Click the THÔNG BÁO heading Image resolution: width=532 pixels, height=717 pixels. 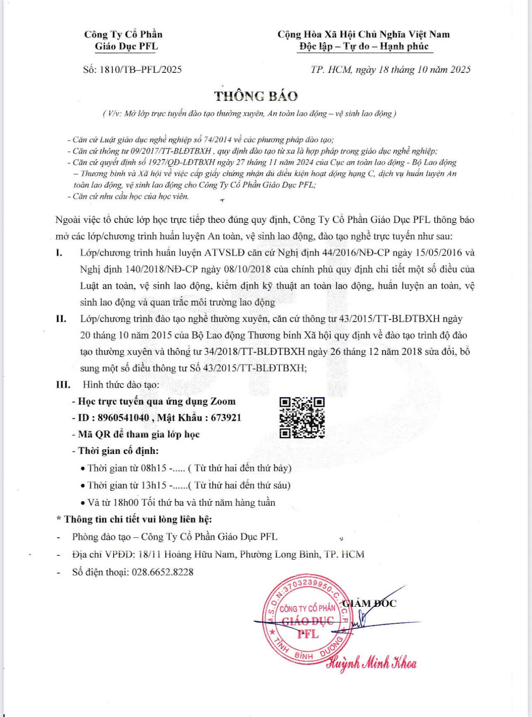click(x=256, y=96)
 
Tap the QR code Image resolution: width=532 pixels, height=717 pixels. click(x=302, y=418)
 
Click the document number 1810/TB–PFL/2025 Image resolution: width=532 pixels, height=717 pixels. click(x=140, y=69)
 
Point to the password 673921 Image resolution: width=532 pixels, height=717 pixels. click(x=226, y=418)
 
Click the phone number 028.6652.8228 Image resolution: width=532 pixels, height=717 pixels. click(x=162, y=572)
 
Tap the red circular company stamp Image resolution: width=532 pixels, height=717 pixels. click(x=307, y=621)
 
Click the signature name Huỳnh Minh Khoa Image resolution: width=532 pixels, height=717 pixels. click(x=372, y=664)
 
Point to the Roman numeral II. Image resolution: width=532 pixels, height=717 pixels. click(x=61, y=319)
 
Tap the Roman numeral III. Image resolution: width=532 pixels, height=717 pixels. click(x=63, y=385)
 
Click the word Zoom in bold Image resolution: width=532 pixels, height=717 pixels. click(x=223, y=401)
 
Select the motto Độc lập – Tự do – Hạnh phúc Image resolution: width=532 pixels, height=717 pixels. click(x=364, y=46)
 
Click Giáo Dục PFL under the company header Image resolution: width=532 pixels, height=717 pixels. click(x=126, y=46)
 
